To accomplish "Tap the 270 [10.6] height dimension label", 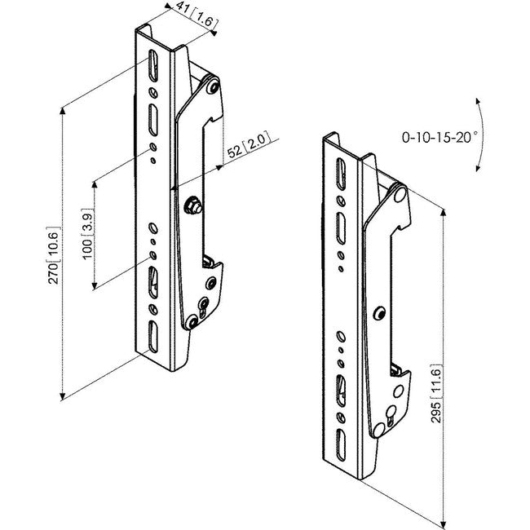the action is [54, 255].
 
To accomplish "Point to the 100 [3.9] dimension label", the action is [87, 234].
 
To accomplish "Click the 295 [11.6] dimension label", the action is [436, 394].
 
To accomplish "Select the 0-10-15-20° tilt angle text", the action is [439, 137].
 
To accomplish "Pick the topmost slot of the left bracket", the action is [153, 66].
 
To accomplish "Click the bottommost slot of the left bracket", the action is [153, 336].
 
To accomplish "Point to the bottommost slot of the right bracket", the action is [341, 445].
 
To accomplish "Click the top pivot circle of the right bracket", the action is [400, 194].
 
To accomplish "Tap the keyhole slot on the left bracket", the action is [204, 307].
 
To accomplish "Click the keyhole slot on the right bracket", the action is [391, 415].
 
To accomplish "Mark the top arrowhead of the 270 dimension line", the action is [63, 111].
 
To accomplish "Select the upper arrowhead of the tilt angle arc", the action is [478, 101].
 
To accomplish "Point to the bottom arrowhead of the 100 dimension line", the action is [95, 286].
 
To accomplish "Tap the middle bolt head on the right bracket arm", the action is [380, 313].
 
